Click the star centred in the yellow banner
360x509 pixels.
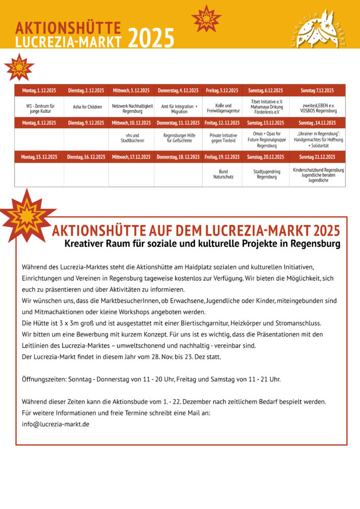click(206, 18)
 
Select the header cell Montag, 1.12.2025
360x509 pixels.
click(39, 90)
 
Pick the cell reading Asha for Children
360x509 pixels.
click(88, 107)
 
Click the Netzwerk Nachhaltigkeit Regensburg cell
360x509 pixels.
click(132, 108)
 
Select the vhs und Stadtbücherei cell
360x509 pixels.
click(132, 138)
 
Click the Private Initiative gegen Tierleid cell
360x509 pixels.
click(223, 138)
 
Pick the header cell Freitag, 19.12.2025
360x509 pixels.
click(222, 157)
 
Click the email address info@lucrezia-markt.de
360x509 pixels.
click(56, 424)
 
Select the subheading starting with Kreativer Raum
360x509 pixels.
click(202, 244)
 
